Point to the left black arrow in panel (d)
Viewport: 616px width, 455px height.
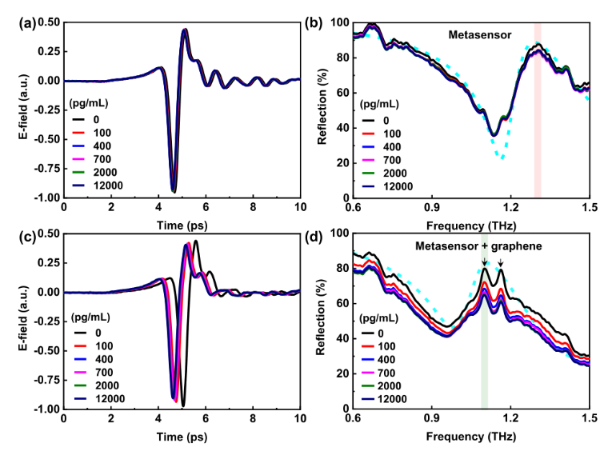pyautogui.click(x=484, y=261)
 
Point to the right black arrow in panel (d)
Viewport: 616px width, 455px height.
pyautogui.click(x=501, y=262)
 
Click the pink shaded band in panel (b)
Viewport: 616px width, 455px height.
pyautogui.click(x=538, y=120)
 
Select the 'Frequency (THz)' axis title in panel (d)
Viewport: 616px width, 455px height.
pyautogui.click(x=470, y=439)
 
